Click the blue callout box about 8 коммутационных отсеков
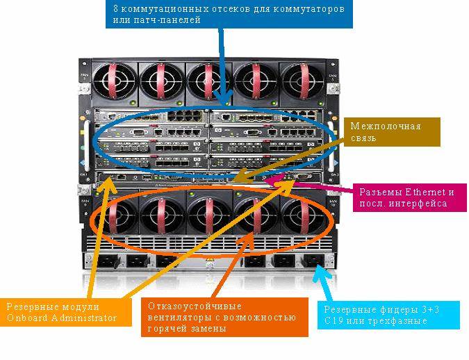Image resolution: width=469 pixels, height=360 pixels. (x=230, y=15)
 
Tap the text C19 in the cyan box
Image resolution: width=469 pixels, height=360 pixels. (x=336, y=322)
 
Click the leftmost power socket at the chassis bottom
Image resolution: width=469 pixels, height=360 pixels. (x=104, y=262)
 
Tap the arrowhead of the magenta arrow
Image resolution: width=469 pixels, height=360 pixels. (x=281, y=182)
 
